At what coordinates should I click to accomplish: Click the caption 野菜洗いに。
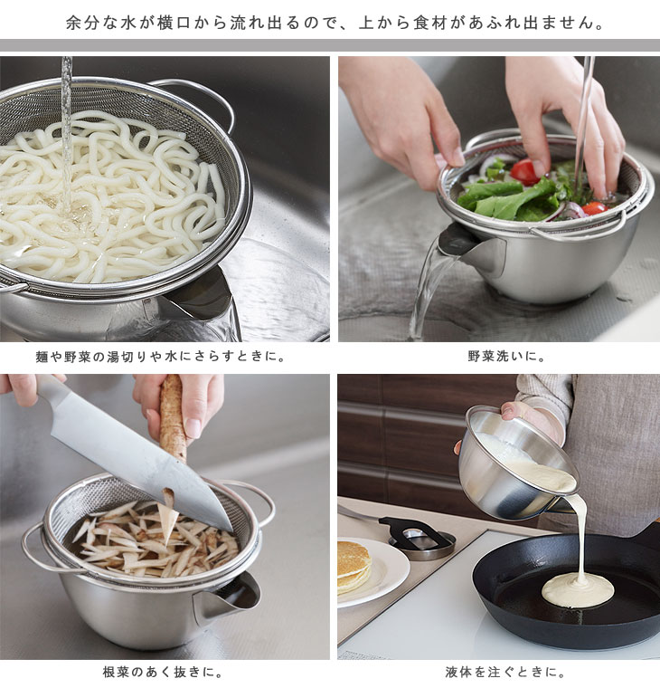pyautogui.click(x=506, y=357)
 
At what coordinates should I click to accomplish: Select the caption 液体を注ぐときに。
pyautogui.click(x=506, y=672)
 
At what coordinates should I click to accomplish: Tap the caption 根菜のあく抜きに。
pyautogui.click(x=163, y=672)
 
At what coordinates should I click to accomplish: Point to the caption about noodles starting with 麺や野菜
pyautogui.click(x=161, y=357)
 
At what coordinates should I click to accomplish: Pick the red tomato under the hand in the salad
pyautogui.click(x=524, y=172)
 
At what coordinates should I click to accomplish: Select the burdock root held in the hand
pyautogui.click(x=173, y=416)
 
